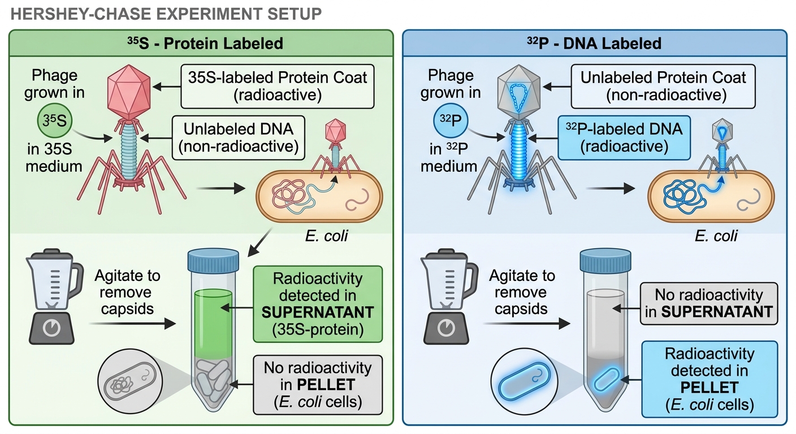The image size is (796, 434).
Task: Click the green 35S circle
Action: (55, 121)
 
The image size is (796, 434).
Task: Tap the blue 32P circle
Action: (451, 121)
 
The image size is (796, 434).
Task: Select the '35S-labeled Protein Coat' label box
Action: (278, 86)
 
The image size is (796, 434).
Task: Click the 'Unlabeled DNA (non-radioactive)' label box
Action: (239, 138)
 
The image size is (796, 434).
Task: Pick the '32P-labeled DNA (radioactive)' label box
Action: (624, 138)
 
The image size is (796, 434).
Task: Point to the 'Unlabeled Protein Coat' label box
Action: (663, 86)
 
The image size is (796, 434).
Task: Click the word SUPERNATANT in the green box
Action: (318, 312)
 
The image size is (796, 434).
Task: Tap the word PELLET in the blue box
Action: (710, 388)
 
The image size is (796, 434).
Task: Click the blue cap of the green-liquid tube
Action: (213, 261)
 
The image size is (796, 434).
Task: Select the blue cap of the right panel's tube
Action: (605, 261)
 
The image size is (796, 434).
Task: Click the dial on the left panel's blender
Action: (51, 328)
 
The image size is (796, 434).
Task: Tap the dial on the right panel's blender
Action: (446, 328)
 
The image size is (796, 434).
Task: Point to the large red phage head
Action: (129, 92)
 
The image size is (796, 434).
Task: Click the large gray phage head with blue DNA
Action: (519, 92)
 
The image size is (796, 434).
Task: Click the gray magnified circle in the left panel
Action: (130, 381)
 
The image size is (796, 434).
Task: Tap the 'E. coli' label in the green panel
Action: (327, 236)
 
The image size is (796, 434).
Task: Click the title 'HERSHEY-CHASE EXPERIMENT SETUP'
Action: (166, 14)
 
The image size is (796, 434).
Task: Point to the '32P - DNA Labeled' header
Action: (594, 44)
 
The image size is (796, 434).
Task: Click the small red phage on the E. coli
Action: (335, 149)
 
